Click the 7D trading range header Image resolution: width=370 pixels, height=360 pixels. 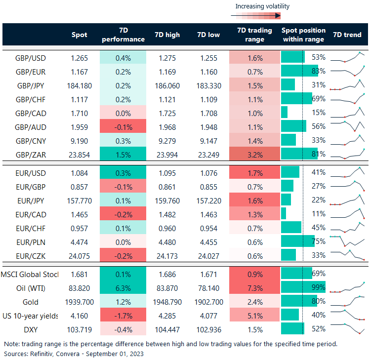254,35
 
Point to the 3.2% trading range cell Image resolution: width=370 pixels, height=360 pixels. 254,154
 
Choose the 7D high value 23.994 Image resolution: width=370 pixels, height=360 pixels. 167,154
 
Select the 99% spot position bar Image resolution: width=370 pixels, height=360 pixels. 303,288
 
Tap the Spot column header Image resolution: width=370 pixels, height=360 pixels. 79,35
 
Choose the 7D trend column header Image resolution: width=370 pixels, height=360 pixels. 347,35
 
